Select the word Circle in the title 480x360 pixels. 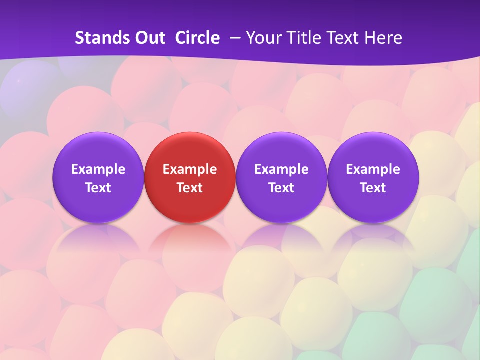coord(197,38)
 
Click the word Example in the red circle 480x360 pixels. coord(190,169)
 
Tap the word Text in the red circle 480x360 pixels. coord(190,188)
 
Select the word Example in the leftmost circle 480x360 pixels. coord(98,169)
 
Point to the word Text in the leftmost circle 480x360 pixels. coord(98,188)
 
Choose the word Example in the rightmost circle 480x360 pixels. coord(373,169)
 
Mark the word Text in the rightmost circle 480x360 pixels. coord(373,188)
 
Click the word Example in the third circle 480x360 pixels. coord(281,169)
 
